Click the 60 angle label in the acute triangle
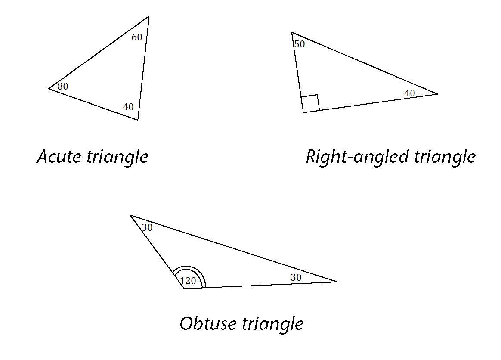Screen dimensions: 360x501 pos(136,37)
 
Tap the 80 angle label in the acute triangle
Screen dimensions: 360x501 pos(62,87)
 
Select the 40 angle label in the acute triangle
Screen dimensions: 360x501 pos(128,107)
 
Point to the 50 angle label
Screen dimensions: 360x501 pos(299,44)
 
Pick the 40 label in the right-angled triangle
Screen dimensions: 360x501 pos(409,93)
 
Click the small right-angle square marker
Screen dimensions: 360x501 pos(310,103)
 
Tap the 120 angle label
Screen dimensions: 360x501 pos(188,281)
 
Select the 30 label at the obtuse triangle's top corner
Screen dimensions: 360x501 pos(147,227)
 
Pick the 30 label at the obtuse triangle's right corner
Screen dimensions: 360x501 pos(296,278)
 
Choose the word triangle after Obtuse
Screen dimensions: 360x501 pos(273,324)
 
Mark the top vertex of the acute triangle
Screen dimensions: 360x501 pos(148,16)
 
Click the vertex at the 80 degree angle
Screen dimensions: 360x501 pos(49,89)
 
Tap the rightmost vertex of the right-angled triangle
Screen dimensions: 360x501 pos(437,94)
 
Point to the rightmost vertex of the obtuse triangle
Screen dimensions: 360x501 pos(337,282)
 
